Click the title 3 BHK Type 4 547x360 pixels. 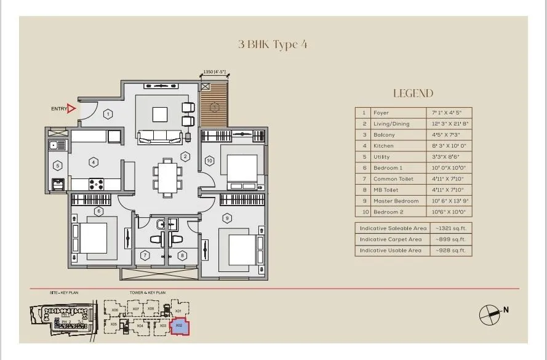tap(273, 44)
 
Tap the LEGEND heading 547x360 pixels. tap(413, 94)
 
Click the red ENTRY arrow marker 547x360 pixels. tap(71, 109)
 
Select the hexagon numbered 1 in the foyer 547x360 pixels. tap(108, 114)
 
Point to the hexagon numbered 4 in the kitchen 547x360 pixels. tap(94, 162)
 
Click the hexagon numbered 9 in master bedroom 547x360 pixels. tap(227, 217)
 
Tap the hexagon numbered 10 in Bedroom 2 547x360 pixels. tap(209, 161)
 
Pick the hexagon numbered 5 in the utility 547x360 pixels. tap(57, 166)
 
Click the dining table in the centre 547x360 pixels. tap(167, 177)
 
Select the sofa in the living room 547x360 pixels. tap(159, 137)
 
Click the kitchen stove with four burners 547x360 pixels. tap(97, 183)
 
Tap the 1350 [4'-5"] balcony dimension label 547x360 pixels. tap(215, 73)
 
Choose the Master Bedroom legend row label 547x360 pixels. tap(396, 201)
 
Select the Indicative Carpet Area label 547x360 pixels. tap(391, 239)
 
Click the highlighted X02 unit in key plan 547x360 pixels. tap(179, 326)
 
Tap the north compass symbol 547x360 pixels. tap(490, 314)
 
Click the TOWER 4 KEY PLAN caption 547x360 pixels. tap(147, 293)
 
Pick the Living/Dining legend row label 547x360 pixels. tap(391, 124)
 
